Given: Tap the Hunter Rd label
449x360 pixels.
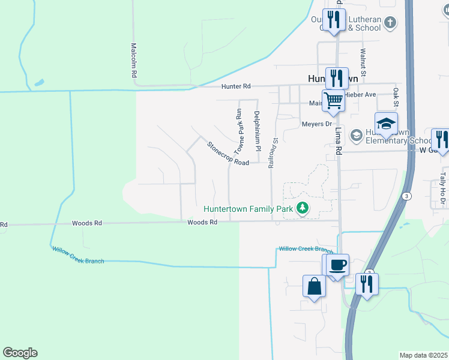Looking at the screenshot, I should click(x=235, y=87).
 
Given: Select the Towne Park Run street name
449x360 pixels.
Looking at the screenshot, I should click(x=239, y=131).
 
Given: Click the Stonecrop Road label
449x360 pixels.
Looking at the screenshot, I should click(x=228, y=154).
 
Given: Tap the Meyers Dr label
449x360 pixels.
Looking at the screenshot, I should click(x=316, y=124).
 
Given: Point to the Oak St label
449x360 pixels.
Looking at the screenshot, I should click(x=396, y=95).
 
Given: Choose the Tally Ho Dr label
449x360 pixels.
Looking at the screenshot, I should click(x=442, y=184).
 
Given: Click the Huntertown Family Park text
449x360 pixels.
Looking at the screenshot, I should click(x=248, y=209).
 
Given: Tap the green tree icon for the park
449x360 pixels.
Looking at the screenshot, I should click(x=303, y=209).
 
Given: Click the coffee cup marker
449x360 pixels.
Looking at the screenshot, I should click(x=338, y=265).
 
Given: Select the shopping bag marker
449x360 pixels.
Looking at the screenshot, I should click(x=315, y=286).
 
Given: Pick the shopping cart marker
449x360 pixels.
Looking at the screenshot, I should click(x=333, y=100).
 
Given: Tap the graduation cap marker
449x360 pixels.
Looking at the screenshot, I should click(x=386, y=124).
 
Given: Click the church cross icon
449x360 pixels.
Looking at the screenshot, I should click(x=390, y=23).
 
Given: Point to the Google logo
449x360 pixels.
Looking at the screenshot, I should click(x=20, y=353).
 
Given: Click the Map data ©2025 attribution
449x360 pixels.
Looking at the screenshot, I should click(x=423, y=355).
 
